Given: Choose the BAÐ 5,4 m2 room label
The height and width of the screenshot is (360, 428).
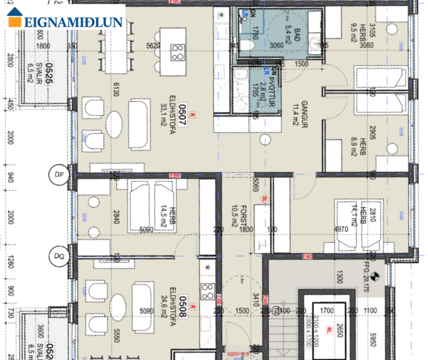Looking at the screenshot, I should pyautogui.click(x=289, y=36).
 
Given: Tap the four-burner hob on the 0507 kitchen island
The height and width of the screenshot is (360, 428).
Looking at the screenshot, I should pyautogui.click(x=178, y=53).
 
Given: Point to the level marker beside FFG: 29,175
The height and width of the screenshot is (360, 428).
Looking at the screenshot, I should pyautogui.click(x=375, y=277).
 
